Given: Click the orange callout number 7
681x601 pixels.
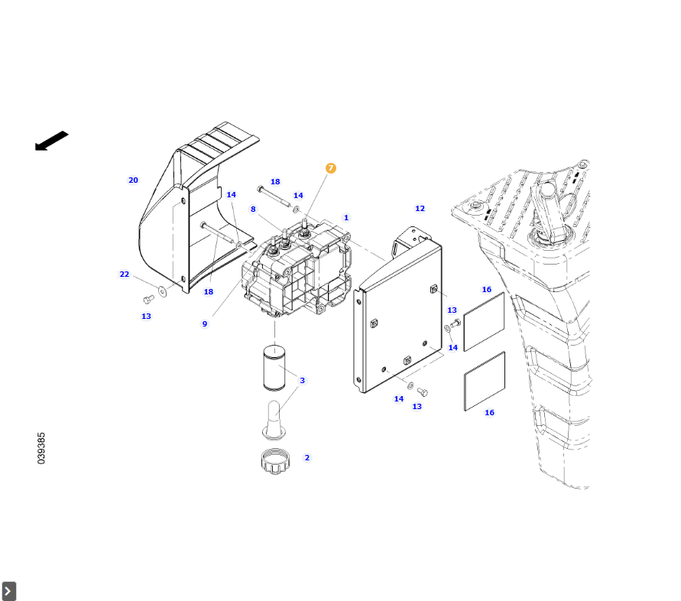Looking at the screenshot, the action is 330,168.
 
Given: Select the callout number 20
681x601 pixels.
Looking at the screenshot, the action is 133,180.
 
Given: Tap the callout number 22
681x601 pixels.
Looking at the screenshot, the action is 125,275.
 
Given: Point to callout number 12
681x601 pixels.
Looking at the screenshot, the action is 420,209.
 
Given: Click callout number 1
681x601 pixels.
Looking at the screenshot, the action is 346,218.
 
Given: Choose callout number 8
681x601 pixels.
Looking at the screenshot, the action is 253,210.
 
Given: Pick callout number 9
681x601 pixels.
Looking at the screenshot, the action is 205,323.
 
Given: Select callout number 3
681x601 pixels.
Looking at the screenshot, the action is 302,380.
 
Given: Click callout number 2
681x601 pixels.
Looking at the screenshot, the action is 307,457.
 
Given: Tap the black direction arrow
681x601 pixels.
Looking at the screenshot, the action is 51,141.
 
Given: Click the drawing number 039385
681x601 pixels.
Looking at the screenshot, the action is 41,449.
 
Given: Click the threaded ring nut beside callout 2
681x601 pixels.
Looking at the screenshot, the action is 275,462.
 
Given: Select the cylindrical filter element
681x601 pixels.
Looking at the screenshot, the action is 274,367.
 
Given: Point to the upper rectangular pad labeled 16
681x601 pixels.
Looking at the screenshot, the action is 485,322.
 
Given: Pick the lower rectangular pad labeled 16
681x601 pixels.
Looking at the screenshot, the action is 485,381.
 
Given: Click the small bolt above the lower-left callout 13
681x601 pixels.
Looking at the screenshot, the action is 148,300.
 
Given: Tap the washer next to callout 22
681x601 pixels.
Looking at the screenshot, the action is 163,291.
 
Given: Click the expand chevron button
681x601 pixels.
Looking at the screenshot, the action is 8,591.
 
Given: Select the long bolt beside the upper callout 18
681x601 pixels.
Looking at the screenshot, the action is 274,197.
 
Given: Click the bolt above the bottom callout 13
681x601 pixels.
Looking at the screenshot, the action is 423,392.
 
